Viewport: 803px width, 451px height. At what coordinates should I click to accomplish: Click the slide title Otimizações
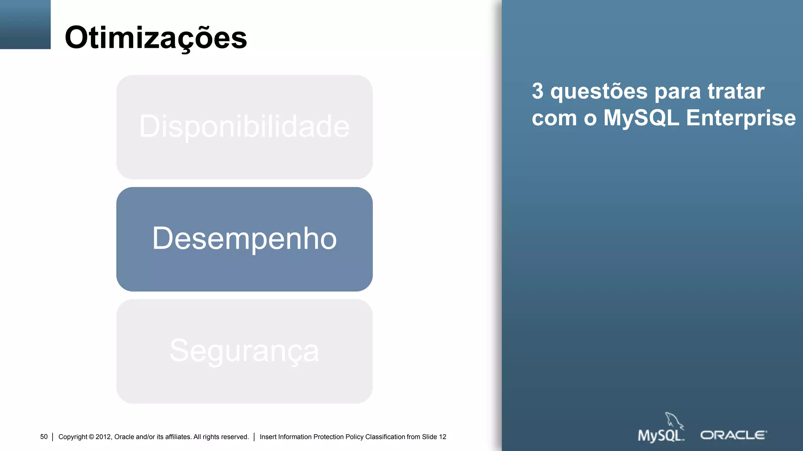(156, 38)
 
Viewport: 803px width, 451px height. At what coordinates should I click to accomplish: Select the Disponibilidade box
(244, 127)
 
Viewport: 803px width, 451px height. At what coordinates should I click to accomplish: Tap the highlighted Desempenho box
(244, 239)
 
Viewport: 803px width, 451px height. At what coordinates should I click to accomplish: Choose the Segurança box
(244, 351)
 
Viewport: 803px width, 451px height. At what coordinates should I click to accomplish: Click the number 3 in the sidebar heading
(538, 91)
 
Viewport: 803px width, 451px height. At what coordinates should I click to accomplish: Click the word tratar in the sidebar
(736, 91)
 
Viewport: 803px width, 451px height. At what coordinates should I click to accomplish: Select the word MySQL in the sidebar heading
(641, 118)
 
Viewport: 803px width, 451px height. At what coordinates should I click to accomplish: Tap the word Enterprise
(741, 118)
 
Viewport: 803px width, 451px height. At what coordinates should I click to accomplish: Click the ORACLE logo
(733, 435)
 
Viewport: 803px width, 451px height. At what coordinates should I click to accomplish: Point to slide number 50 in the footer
(44, 437)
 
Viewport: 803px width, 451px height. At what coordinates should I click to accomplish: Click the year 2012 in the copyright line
(104, 437)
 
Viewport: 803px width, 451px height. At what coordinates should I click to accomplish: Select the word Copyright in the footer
(73, 437)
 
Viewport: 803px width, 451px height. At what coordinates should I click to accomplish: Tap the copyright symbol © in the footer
(91, 437)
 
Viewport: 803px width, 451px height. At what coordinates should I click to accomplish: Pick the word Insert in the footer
(268, 437)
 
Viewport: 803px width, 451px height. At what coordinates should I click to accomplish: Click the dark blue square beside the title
(25, 24)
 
